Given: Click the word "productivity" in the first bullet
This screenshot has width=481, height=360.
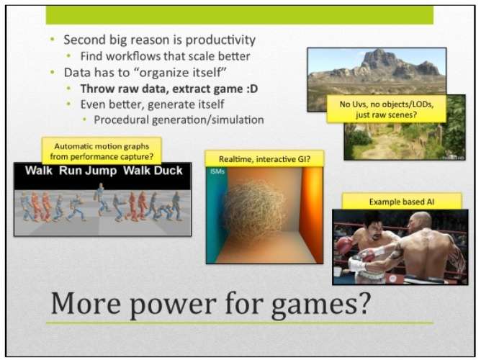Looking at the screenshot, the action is (220, 40).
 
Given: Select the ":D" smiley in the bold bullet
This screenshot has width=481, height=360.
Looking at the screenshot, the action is (252, 89).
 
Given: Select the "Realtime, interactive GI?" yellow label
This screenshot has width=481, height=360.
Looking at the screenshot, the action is (264, 159).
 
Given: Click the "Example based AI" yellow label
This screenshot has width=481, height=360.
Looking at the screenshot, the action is (402, 202).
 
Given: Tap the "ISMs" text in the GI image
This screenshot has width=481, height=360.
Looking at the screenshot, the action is (217, 172).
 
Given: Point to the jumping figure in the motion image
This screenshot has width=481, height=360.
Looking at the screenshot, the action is (101, 199).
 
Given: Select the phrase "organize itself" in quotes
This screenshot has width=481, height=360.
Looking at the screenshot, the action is (181, 73).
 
